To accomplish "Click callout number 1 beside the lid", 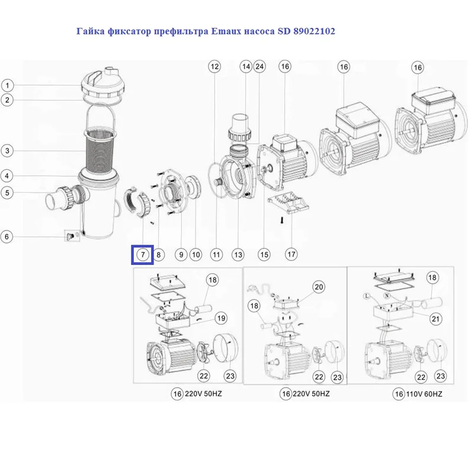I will click(x=7, y=85).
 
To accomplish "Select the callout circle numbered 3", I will click(x=7, y=151).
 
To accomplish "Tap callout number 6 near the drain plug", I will click(x=7, y=237).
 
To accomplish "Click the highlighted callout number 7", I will click(x=142, y=255).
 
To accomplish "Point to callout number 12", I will click(x=214, y=66).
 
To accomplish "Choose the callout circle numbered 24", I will click(x=259, y=67).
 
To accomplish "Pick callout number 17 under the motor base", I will click(x=291, y=254).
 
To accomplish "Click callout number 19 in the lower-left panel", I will click(x=221, y=318).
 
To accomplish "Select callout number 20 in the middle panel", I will click(x=319, y=287).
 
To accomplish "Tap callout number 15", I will click(x=264, y=255).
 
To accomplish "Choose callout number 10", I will click(x=196, y=255).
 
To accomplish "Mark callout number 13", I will click(x=238, y=255).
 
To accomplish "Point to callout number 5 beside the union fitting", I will click(x=7, y=192).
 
